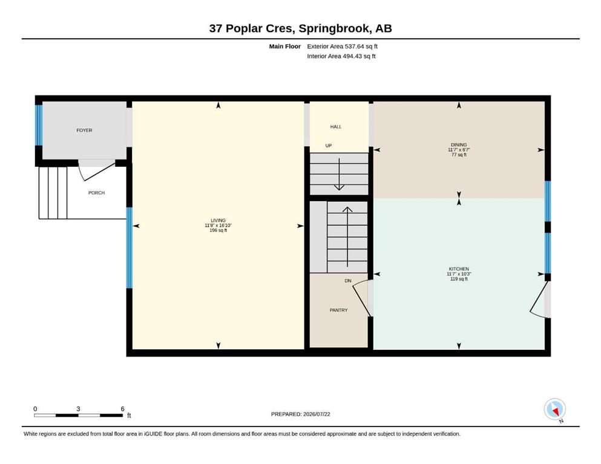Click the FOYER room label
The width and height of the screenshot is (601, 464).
pyautogui.click(x=84, y=130)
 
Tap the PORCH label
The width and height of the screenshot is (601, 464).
pyautogui.click(x=97, y=193)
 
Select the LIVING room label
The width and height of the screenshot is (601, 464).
pyautogui.click(x=218, y=221)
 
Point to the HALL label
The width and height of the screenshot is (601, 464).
pyautogui.click(x=336, y=127)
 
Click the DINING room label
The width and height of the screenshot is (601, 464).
pyautogui.click(x=459, y=144)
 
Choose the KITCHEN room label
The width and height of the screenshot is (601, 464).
pyautogui.click(x=459, y=269)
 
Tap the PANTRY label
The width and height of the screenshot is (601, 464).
pyautogui.click(x=339, y=310)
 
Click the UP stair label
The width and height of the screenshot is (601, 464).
pyautogui.click(x=329, y=146)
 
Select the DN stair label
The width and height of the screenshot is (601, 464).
pyautogui.click(x=348, y=281)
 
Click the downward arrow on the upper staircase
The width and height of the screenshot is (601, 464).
pyautogui.click(x=339, y=174)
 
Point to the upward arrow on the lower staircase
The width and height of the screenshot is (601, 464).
pyautogui.click(x=347, y=237)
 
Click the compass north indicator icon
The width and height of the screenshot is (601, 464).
pyautogui.click(x=554, y=409)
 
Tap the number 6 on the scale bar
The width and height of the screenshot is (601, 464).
pyautogui.click(x=123, y=409)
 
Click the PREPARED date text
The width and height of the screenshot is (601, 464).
pyautogui.click(x=300, y=414)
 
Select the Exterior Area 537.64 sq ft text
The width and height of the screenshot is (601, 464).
pyautogui.click(x=343, y=47)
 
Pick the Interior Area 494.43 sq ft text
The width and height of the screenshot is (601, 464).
pyautogui.click(x=341, y=56)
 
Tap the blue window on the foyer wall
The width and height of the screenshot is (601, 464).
pyautogui.click(x=39, y=125)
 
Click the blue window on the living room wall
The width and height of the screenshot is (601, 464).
pyautogui.click(x=130, y=248)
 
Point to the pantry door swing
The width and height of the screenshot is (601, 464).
pyautogui.click(x=361, y=298)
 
